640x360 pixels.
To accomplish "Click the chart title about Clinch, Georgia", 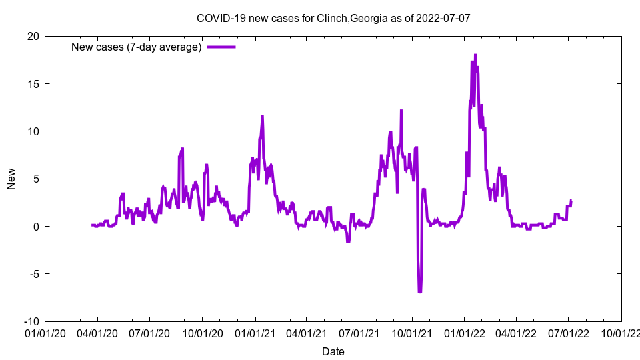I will [x=333, y=18].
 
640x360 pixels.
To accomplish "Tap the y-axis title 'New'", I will [x=11, y=179].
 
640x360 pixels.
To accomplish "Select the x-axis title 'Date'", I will [x=333, y=351].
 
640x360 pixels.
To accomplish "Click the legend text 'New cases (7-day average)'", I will [x=137, y=47].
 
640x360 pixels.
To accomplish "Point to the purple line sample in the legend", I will [x=221, y=47].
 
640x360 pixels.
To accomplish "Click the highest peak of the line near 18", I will [x=475, y=55].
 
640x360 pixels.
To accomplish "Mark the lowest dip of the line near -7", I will [x=420, y=291].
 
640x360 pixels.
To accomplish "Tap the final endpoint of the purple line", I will [x=571, y=201].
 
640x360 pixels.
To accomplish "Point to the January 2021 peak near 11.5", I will [x=262, y=116].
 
